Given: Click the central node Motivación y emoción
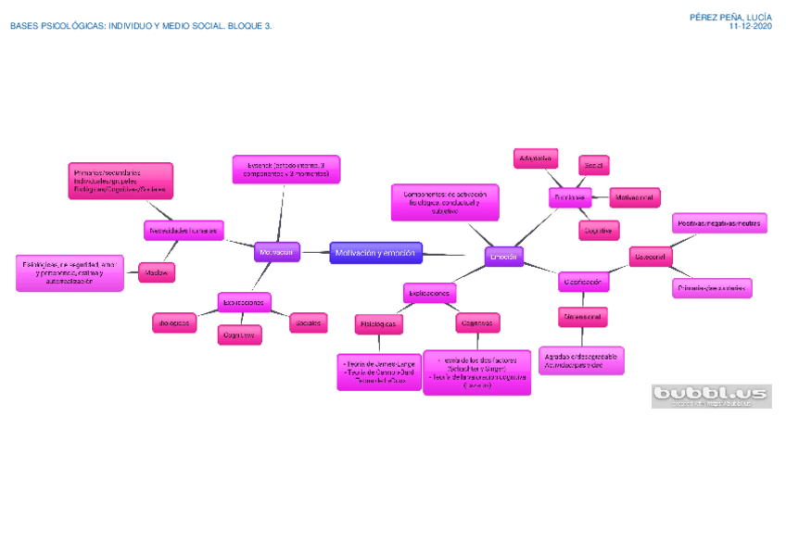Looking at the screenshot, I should click(x=376, y=253).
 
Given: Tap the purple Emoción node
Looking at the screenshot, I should click(x=504, y=255).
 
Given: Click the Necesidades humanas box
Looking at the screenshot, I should click(x=183, y=230).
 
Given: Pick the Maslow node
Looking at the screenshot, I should click(x=156, y=272).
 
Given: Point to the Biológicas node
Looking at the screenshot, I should click(x=174, y=322).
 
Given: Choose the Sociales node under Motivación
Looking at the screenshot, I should click(x=308, y=322).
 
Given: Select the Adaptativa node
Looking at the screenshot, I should click(x=536, y=158).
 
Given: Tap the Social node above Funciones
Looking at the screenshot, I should click(x=593, y=165).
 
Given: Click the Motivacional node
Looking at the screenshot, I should click(x=635, y=197).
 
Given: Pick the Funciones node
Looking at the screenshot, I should click(x=570, y=197).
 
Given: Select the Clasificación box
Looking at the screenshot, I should click(x=584, y=281).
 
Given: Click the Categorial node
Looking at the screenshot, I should click(x=650, y=256).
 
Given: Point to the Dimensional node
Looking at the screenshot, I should click(x=582, y=317).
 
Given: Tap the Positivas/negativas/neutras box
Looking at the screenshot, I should click(x=719, y=223).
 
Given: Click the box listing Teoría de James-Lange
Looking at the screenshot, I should click(x=379, y=372).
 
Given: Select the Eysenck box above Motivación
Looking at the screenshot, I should click(x=285, y=170).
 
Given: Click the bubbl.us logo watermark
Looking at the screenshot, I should click(x=711, y=396).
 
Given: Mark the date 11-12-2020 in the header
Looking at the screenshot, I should click(x=751, y=27).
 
